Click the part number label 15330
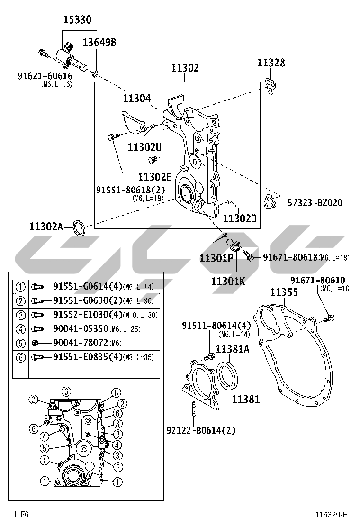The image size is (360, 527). point(78,20)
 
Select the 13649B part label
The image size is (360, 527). point(99,43)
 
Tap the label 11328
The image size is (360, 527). point(271,63)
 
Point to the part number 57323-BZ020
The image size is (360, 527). point(315,203)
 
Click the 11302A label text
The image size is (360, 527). point(45,227)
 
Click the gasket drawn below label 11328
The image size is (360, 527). point(272,85)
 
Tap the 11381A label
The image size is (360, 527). point(233,349)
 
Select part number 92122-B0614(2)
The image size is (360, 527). point(201,430)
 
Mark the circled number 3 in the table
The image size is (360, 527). point(20,315)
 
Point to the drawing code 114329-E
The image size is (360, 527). point(332,515)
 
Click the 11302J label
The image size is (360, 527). point(239,218)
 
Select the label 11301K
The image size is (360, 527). point(228,282)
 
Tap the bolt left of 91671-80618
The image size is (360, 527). point(248,256)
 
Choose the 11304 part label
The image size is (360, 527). point(137,99)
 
